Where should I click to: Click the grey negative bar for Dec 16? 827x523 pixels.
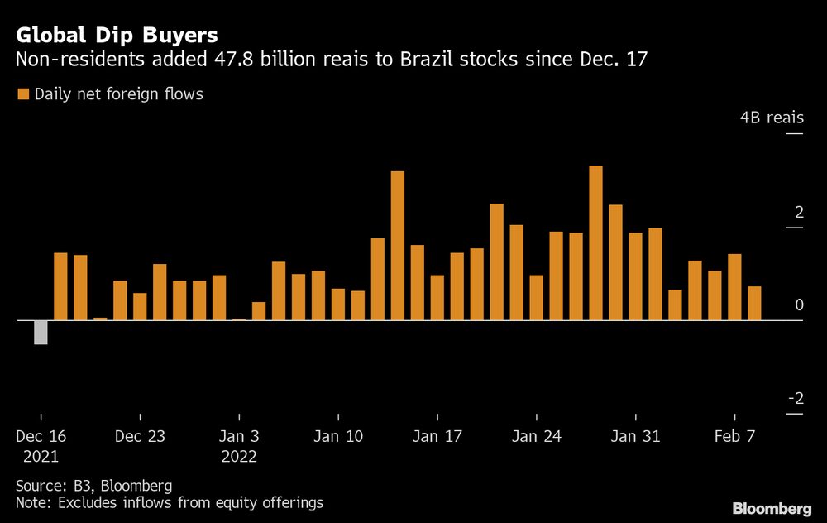tap(41, 332)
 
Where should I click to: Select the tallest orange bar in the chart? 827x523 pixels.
tap(595, 242)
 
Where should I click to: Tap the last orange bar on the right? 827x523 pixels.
tap(754, 303)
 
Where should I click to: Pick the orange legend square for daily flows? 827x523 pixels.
tap(22, 94)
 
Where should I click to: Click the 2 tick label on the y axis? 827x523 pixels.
tap(799, 213)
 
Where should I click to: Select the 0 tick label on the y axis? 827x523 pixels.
tap(799, 305)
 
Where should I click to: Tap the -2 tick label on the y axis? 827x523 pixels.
tap(796, 398)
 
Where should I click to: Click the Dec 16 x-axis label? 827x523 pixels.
tap(41, 436)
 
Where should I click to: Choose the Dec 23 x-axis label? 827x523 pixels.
tap(141, 436)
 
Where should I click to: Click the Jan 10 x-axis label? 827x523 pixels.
tap(338, 436)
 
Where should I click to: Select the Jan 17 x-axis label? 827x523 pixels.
tap(437, 436)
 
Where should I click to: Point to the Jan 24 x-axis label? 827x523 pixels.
tap(537, 436)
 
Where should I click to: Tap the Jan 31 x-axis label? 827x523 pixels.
tap(635, 436)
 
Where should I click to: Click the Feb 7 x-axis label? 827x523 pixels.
tap(734, 436)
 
